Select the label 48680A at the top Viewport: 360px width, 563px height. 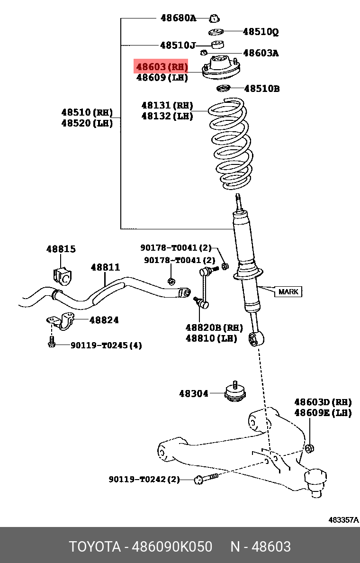[178, 18]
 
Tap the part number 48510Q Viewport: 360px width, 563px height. [261, 32]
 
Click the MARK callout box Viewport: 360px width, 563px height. [288, 291]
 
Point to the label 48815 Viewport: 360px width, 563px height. [61, 249]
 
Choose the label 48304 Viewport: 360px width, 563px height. [193, 393]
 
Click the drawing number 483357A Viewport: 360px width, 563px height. [343, 520]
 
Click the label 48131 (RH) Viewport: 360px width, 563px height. [167, 105]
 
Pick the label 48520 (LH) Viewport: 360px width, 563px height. [87, 123]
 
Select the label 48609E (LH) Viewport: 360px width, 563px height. [323, 413]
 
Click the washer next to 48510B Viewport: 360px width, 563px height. [223, 89]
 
